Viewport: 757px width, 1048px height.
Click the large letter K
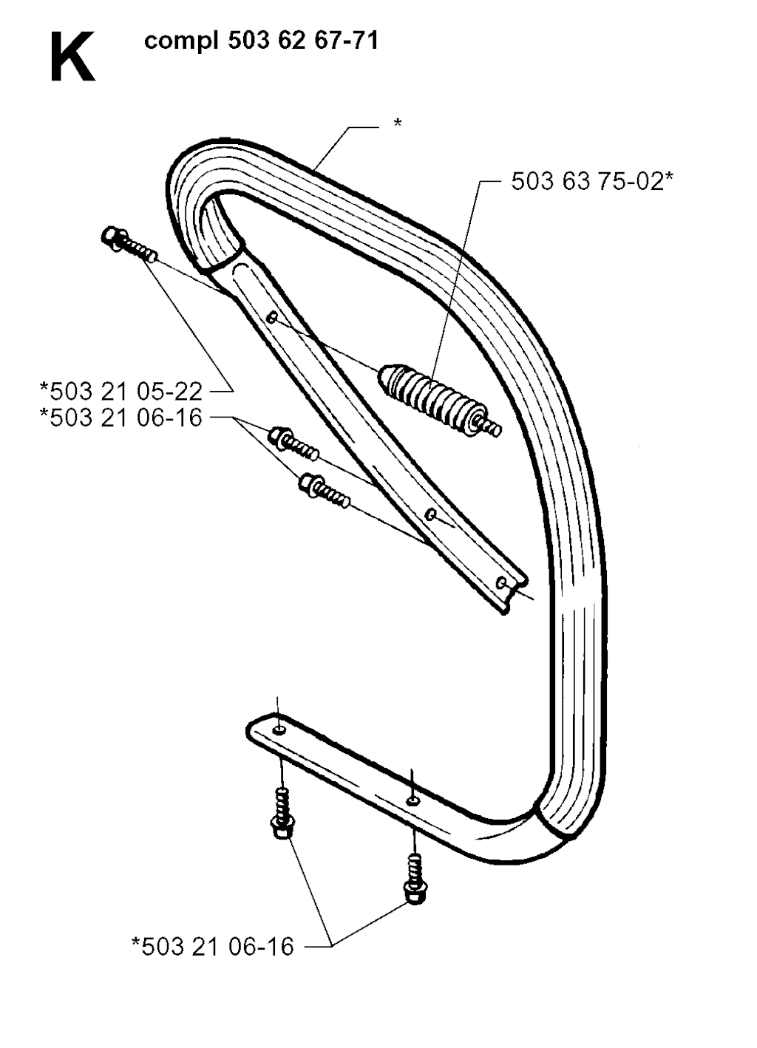tap(72, 57)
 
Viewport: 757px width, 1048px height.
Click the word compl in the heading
tap(181, 42)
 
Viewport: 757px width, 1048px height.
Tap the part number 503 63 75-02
tap(592, 181)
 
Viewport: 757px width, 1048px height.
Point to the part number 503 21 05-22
tap(121, 391)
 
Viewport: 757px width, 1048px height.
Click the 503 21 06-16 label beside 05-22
tap(121, 417)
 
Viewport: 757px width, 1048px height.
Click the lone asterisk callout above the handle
tap(397, 123)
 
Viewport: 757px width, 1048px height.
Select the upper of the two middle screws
tap(293, 443)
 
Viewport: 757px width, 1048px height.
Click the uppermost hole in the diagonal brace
tap(271, 319)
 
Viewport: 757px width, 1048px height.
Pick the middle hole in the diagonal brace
tap(430, 515)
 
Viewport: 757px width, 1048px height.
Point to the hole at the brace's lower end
tap(501, 582)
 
